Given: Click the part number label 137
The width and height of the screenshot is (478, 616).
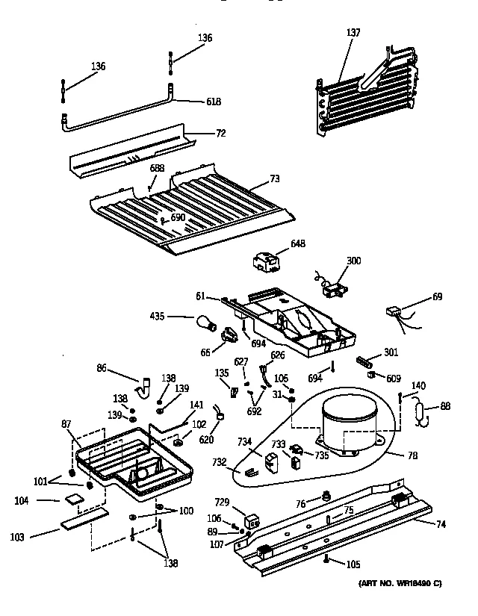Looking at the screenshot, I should (353, 32).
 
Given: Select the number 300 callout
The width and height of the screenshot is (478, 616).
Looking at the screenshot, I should (353, 261).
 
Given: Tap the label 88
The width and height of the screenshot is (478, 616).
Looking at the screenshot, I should (445, 406).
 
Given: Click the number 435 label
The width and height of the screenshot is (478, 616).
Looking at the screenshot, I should (177, 317).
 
